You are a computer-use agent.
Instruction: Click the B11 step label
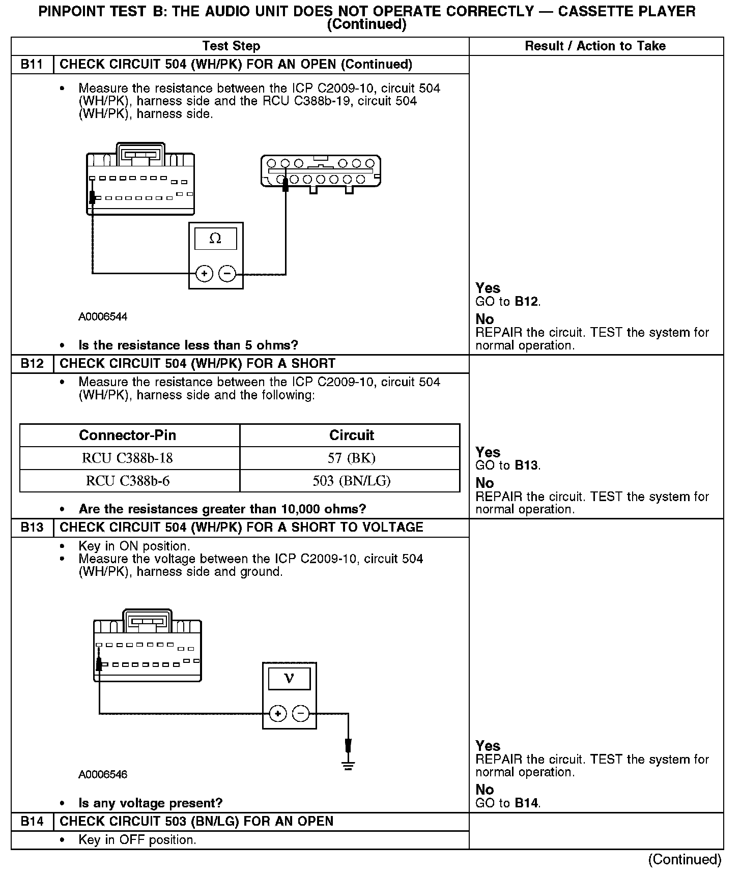click(x=32, y=65)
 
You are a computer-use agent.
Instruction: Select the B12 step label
click(x=32, y=364)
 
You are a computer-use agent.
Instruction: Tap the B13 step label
click(x=32, y=528)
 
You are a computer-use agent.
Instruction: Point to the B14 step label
click(x=32, y=822)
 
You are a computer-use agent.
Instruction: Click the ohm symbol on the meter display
click(x=215, y=239)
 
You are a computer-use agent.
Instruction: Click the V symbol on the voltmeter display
click(x=289, y=679)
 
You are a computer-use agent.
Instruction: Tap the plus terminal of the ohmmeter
click(x=204, y=274)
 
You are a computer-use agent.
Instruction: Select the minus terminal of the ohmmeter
click(x=227, y=274)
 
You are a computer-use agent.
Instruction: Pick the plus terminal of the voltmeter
click(x=278, y=714)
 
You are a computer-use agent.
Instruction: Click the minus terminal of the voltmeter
click(x=301, y=714)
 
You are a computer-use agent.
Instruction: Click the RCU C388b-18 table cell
click(x=129, y=458)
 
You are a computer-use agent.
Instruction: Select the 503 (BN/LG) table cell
click(x=351, y=481)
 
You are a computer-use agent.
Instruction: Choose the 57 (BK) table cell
click(x=351, y=458)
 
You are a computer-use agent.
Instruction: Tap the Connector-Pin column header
click(x=127, y=435)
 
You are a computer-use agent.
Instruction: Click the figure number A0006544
click(x=103, y=317)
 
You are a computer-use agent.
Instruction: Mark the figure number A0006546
click(x=103, y=775)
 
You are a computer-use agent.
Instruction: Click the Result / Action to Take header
click(x=595, y=46)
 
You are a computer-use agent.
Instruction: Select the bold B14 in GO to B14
click(x=526, y=803)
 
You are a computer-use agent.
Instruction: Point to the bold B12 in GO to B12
click(x=526, y=302)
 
